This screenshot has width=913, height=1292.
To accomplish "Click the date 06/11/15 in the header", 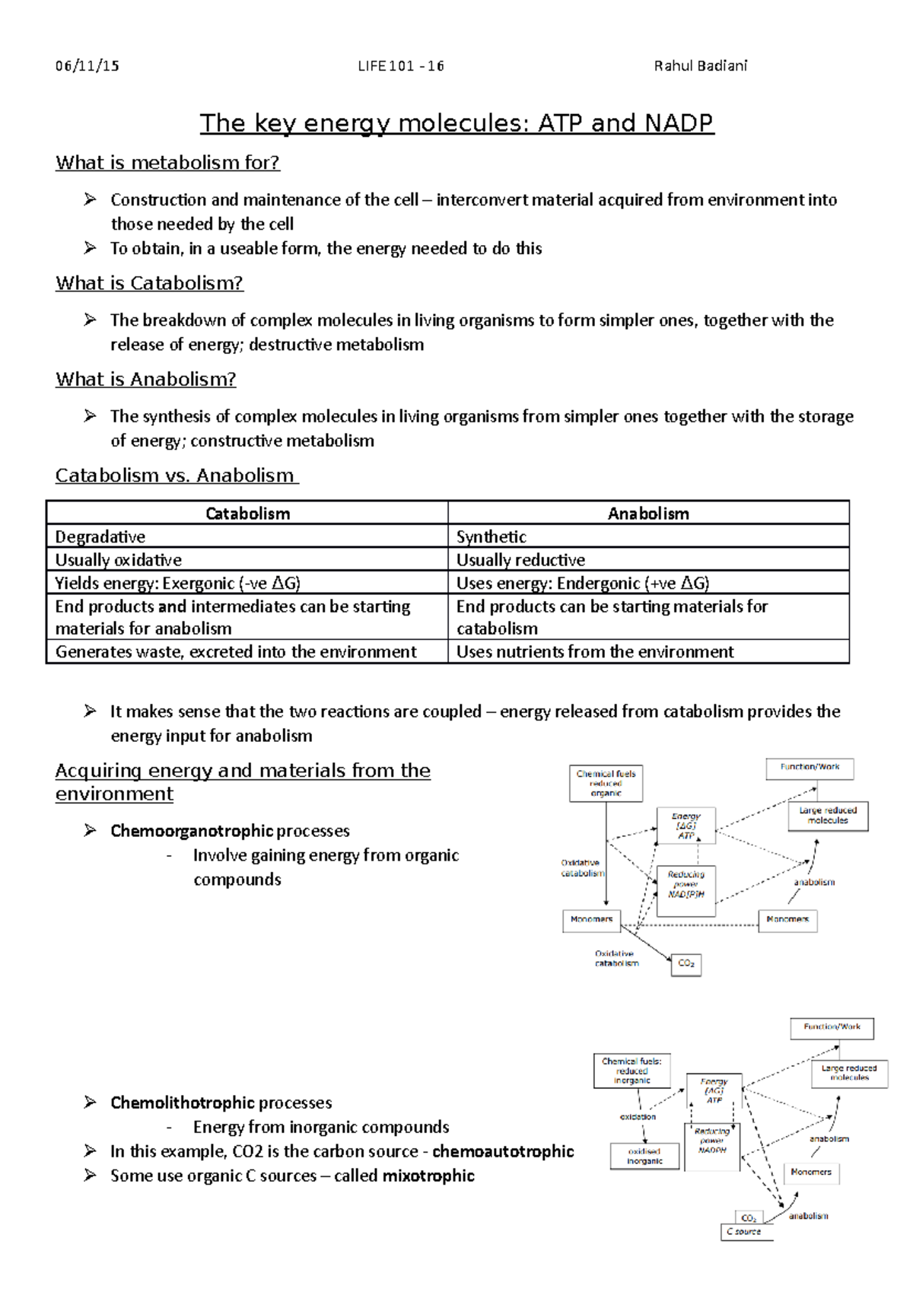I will coord(87,66).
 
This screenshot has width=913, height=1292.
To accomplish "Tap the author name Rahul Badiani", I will coord(700,66).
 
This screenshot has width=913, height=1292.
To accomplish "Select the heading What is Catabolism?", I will coord(149,283).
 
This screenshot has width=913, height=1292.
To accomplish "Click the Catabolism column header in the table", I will coord(247,514).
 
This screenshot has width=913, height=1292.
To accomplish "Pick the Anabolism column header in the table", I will coord(648,514).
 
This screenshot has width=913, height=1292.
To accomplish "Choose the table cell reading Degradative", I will coord(100,537).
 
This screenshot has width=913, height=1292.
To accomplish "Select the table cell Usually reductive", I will coord(520,560).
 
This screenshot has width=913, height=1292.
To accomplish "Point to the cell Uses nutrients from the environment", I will coord(595,652).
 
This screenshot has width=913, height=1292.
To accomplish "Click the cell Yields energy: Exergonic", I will coord(177,584).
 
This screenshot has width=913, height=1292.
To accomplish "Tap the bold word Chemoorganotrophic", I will coord(191,831).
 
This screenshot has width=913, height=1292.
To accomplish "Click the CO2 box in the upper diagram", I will coord(686,964).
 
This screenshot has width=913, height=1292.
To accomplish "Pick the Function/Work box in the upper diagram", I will coord(810,768).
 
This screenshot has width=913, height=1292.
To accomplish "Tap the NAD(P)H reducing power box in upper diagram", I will coord(686,885).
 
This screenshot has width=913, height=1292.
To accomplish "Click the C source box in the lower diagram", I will coord(746,1232).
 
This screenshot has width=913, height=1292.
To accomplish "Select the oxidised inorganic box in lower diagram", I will coord(644,1157).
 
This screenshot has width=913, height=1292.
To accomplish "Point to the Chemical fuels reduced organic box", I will coord(606,783).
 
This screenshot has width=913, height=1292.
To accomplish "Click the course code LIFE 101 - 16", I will coord(401,66).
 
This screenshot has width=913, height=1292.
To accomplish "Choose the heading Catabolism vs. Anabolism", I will coord(177,476).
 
